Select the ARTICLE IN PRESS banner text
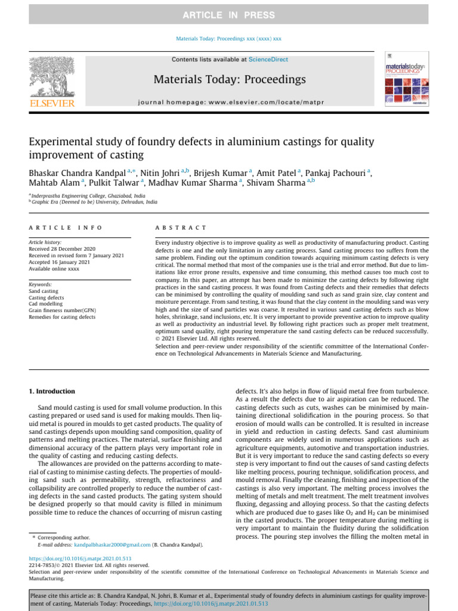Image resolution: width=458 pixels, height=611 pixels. pyautogui.click(x=228, y=15)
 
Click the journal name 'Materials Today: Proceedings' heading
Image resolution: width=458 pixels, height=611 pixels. pyautogui.click(x=230, y=79)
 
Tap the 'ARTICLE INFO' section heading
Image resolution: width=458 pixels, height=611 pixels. pyautogui.click(x=66, y=228)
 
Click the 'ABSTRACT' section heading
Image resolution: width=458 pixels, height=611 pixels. pyautogui.click(x=181, y=228)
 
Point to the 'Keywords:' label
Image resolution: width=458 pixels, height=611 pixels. pyautogui.click(x=40, y=285)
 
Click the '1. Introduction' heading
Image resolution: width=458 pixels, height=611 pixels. pyautogui.click(x=52, y=391)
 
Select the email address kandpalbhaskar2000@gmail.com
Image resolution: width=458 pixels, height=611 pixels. pyautogui.click(x=112, y=545)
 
